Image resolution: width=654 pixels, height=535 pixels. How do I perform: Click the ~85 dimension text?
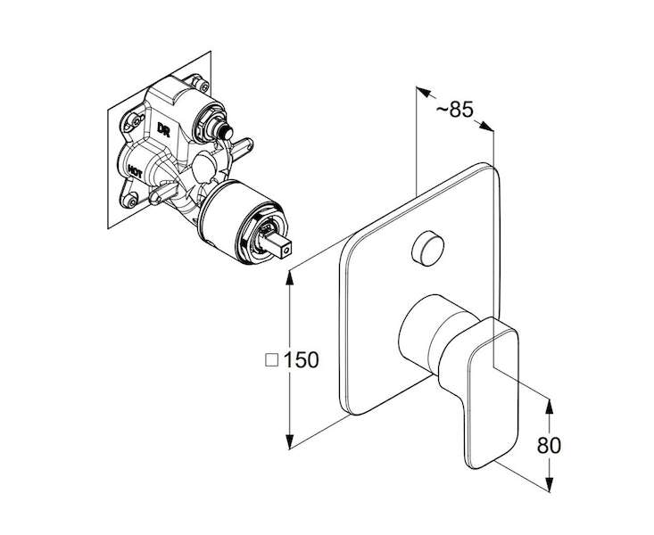point(455,110)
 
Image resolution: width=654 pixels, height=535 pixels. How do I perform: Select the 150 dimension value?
point(302,360)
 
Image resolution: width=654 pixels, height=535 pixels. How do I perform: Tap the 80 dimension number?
point(549,445)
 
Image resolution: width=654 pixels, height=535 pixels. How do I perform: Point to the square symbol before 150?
point(272,360)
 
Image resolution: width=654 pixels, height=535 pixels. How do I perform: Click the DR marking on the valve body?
point(163,129)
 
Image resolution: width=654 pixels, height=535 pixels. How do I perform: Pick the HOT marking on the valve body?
point(135,171)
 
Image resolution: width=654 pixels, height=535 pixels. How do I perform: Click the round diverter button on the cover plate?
point(427,249)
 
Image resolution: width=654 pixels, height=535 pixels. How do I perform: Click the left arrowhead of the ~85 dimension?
point(423,92)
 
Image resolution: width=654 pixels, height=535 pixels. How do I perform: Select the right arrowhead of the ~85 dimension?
point(486,126)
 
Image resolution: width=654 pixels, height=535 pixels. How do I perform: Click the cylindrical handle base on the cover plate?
point(434,331)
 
